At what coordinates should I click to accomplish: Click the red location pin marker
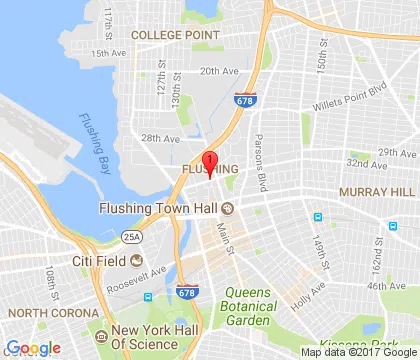tap(209, 164)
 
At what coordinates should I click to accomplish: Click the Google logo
tap(34, 348)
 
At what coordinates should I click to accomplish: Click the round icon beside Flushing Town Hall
tap(228, 208)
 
